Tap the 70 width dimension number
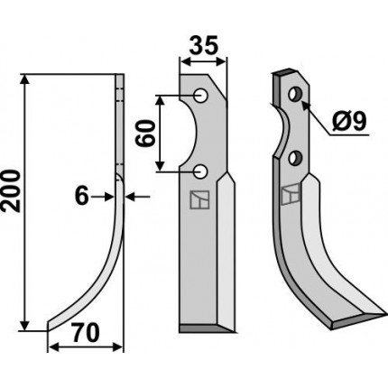[86, 333]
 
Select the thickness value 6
[82, 197]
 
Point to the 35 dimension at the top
[205, 46]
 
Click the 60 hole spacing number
[145, 133]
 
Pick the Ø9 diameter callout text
[349, 122]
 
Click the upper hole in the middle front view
[200, 96]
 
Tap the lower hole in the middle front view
[200, 171]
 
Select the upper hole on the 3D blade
[295, 94]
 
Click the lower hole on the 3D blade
[295, 157]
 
